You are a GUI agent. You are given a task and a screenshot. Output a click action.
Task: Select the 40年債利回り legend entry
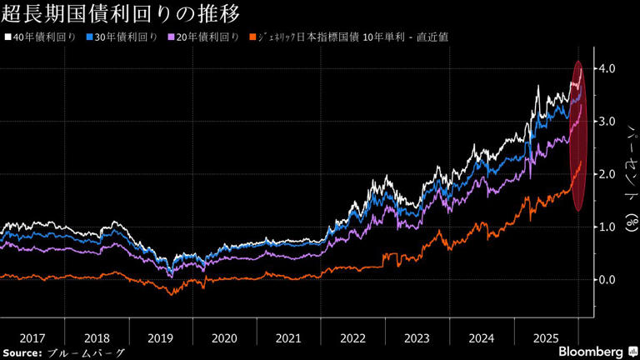click(42, 37)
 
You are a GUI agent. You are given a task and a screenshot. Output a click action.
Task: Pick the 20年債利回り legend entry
click(204, 37)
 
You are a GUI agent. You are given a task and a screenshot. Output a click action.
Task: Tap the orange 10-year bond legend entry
click(351, 37)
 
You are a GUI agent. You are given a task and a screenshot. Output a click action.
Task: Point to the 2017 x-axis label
click(32, 338)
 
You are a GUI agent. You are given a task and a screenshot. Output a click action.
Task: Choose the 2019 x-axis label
click(160, 338)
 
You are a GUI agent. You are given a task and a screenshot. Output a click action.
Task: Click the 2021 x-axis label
click(287, 338)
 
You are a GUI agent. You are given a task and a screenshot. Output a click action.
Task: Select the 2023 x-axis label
click(416, 338)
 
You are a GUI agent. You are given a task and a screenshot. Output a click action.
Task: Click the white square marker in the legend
click(7, 37)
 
